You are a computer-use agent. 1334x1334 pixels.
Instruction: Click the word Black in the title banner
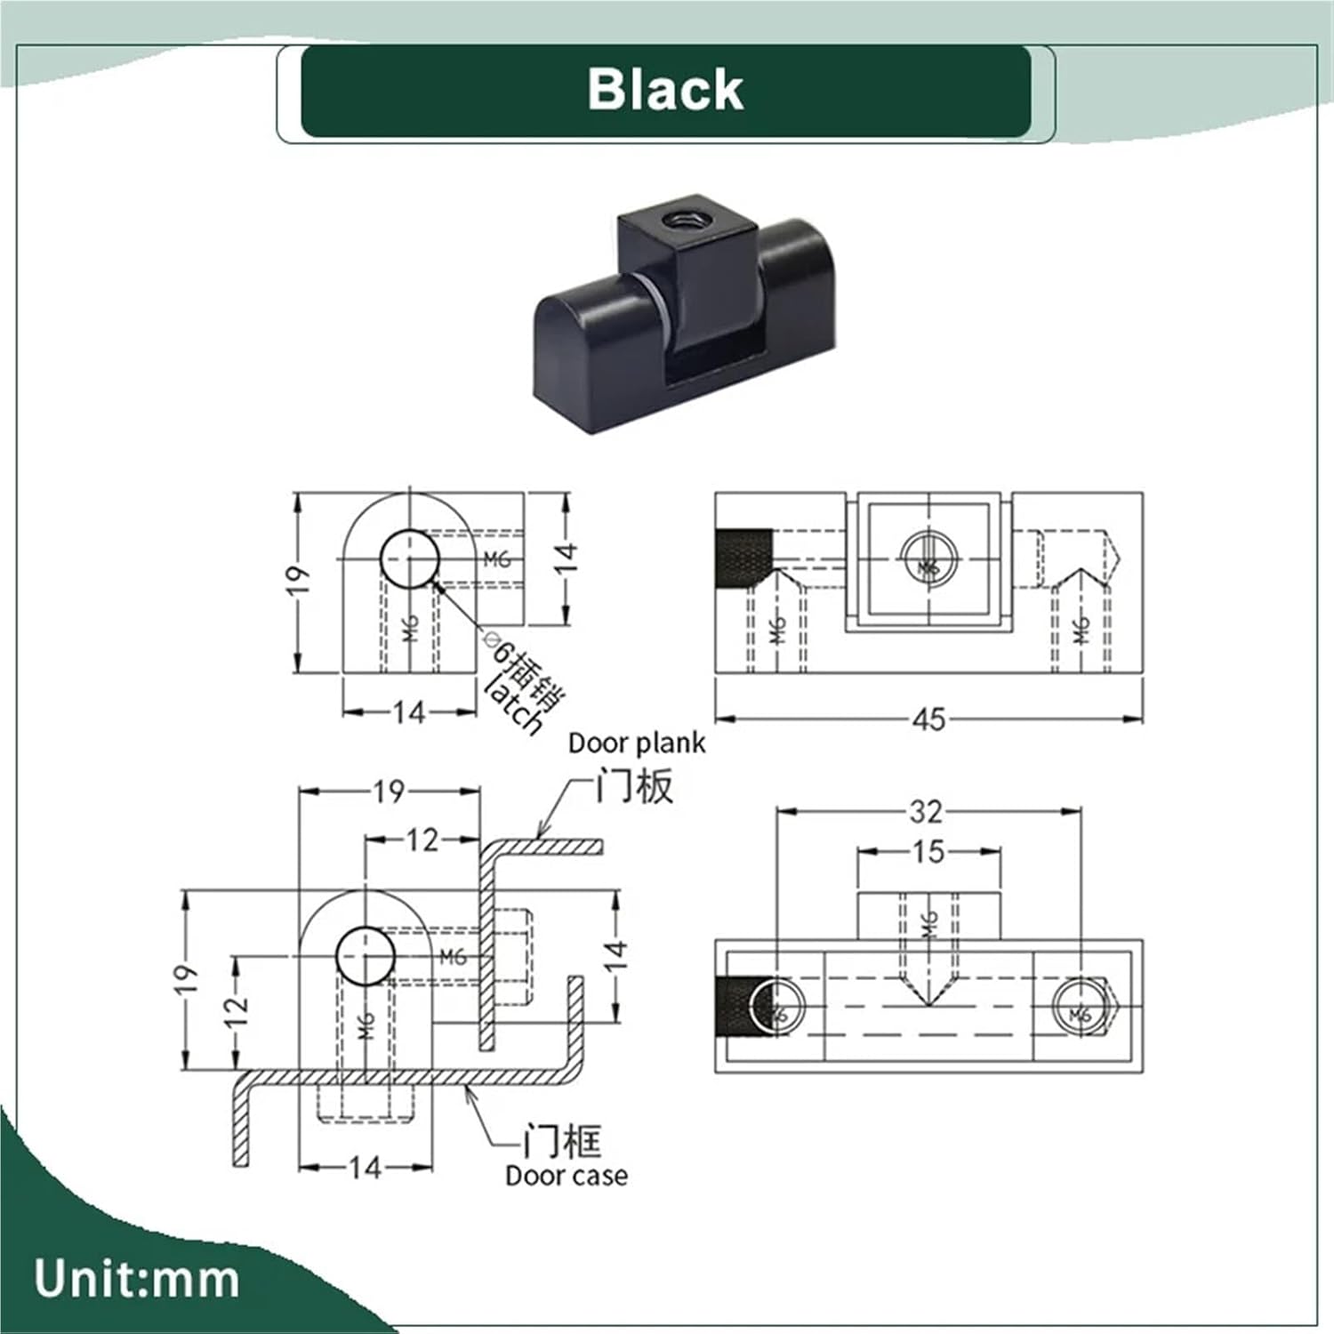tap(665, 90)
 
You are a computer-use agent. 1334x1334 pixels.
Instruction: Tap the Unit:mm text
tap(137, 1279)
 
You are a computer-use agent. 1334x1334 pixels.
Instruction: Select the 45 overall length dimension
tap(928, 719)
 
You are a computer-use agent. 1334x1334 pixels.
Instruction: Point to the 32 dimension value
tap(926, 811)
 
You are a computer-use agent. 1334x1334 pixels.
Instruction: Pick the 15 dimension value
tap(928, 852)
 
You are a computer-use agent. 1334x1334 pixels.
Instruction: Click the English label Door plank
tap(637, 743)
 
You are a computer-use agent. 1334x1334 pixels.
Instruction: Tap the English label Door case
tap(567, 1176)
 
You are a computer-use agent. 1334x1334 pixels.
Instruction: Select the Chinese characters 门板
tap(635, 786)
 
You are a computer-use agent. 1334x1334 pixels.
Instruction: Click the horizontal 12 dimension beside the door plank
tap(422, 840)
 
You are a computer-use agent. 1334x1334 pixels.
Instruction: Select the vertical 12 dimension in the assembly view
tap(236, 1012)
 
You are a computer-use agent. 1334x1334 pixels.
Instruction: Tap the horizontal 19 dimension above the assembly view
tap(389, 791)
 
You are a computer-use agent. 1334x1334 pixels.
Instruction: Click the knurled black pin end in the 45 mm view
tap(743, 558)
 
